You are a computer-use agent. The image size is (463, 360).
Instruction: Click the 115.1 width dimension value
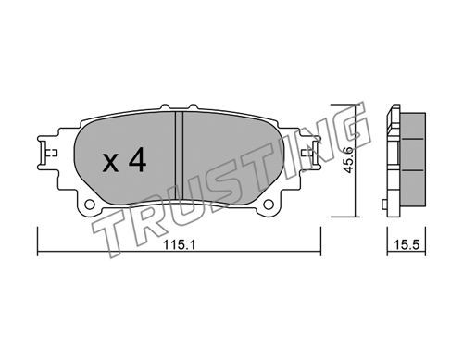click(x=179, y=245)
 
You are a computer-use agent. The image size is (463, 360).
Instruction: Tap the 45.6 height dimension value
click(x=348, y=160)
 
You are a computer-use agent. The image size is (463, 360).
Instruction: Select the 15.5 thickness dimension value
click(x=407, y=245)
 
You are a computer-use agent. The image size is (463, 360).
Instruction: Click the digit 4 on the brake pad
click(x=138, y=159)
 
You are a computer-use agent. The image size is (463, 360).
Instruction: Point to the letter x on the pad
click(x=110, y=163)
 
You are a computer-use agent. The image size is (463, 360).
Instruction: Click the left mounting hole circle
click(x=90, y=204)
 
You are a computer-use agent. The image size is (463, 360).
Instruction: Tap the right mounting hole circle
click(x=269, y=204)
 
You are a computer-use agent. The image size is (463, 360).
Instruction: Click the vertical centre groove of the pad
click(x=179, y=155)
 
